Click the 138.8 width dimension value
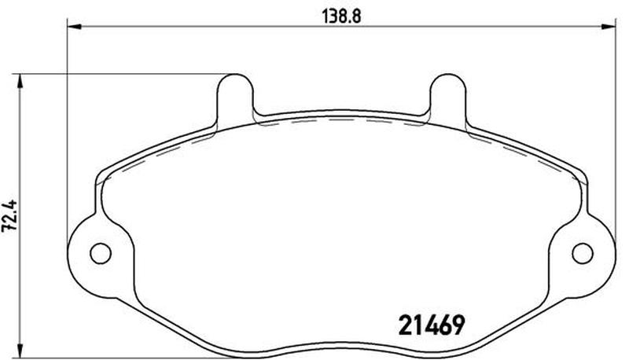point(341,17)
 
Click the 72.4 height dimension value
point(9,215)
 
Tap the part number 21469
point(431,325)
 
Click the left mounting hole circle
point(101,253)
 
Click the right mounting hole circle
point(582,253)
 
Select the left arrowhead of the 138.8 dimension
point(74,27)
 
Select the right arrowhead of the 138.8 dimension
point(608,27)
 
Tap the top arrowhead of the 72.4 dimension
point(19,82)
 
